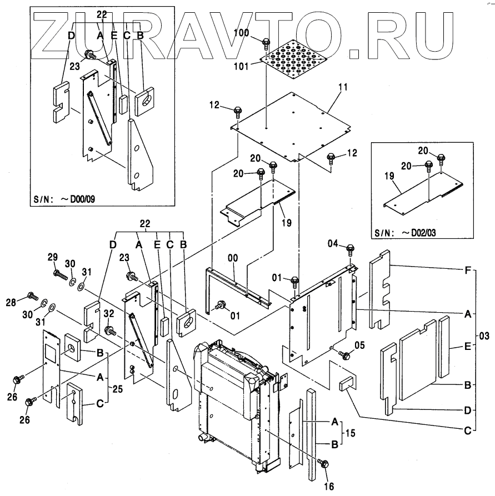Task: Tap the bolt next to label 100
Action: [x=266, y=42]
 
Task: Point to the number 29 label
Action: [x=52, y=258]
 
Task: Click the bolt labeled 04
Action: [x=350, y=249]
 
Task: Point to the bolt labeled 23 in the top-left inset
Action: [x=88, y=55]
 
